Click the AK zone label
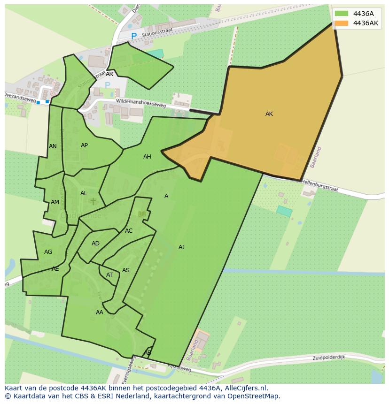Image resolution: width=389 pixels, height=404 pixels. [x=269, y=114]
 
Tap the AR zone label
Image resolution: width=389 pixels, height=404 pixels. [x=109, y=74]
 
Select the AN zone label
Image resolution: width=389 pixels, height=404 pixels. [x=53, y=146]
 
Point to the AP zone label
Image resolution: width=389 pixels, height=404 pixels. [x=84, y=145]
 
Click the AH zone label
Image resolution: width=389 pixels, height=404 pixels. [x=147, y=157]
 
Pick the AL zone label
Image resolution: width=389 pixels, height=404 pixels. [x=84, y=193]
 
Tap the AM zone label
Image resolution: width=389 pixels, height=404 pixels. [x=55, y=202]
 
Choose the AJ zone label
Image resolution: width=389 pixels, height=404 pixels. [x=181, y=247]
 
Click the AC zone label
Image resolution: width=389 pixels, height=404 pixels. [x=129, y=231]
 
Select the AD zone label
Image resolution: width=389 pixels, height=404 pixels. [x=95, y=244]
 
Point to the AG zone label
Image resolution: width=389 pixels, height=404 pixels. [x=48, y=252]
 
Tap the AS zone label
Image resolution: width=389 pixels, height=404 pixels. [x=126, y=270]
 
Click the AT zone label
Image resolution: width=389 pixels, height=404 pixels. [x=109, y=275]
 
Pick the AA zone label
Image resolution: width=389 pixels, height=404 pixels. [x=99, y=313]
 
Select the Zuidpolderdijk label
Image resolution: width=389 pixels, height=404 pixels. [x=329, y=358]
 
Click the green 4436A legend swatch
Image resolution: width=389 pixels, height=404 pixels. [x=342, y=14]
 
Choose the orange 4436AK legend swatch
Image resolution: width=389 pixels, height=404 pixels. [x=342, y=23]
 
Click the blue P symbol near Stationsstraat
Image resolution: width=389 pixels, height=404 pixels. [x=134, y=36]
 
